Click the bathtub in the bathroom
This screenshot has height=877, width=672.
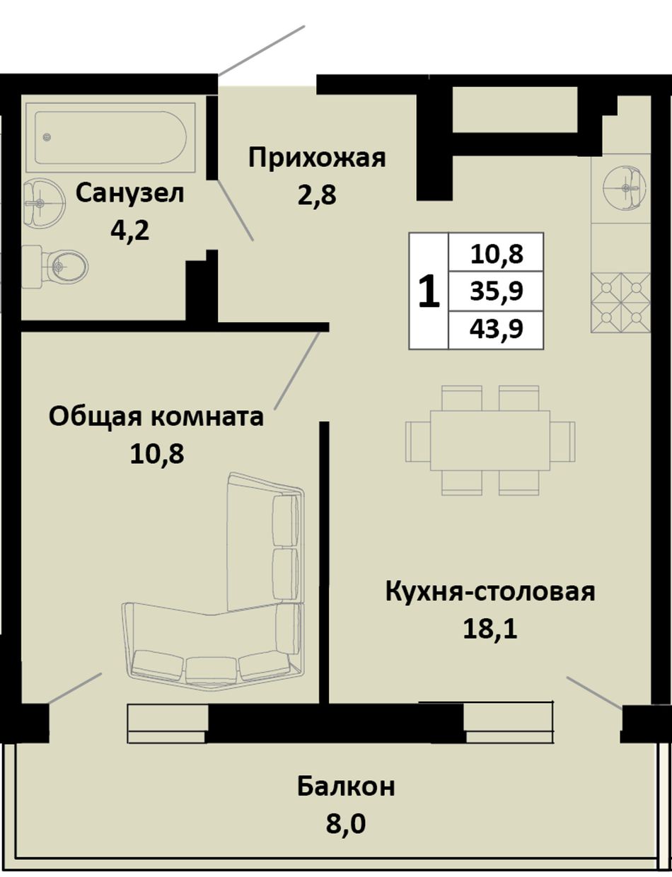[110, 138]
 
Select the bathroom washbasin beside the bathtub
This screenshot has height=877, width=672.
[43, 202]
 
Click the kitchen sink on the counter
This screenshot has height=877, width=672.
[624, 188]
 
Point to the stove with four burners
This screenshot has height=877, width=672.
[621, 303]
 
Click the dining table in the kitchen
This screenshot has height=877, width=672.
[490, 441]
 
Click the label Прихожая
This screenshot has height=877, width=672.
[317, 158]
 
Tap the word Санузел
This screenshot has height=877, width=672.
[129, 194]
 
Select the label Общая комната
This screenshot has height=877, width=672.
[156, 417]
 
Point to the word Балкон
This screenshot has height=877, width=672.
[346, 775]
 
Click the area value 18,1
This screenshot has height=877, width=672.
[490, 629]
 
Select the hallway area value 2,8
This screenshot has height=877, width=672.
[317, 195]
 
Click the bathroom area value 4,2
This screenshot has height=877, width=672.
[129, 231]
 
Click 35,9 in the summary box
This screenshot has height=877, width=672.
[497, 291]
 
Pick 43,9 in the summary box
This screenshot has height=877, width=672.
[497, 329]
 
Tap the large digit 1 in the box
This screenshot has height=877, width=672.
[429, 291]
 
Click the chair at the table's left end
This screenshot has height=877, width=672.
[418, 441]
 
